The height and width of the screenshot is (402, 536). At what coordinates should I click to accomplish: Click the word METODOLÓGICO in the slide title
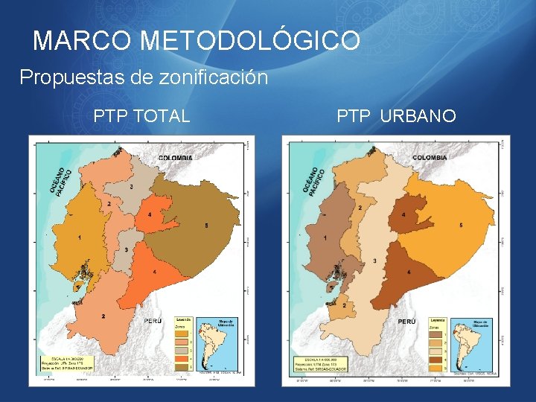tap(250, 40)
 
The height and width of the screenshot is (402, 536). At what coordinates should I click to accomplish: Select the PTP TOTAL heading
tap(141, 116)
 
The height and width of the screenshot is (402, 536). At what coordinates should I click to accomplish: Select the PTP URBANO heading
tap(396, 116)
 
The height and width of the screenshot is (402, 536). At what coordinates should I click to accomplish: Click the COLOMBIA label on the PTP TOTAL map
tap(175, 158)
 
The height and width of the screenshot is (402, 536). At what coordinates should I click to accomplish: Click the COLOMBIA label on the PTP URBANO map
tap(430, 158)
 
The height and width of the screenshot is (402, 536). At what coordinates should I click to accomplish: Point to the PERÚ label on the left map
tap(153, 321)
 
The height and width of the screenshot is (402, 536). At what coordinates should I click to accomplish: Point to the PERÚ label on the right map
tap(406, 322)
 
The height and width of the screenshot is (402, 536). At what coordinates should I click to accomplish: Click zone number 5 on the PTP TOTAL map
tap(206, 226)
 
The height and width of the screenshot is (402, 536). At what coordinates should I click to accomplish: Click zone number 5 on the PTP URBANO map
tap(461, 225)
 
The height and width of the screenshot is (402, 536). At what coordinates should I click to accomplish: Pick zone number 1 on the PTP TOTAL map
tap(79, 237)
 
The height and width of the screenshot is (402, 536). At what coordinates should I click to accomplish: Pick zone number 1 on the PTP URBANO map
tap(325, 237)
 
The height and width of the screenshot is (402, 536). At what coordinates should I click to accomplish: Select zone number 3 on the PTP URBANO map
tap(374, 260)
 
